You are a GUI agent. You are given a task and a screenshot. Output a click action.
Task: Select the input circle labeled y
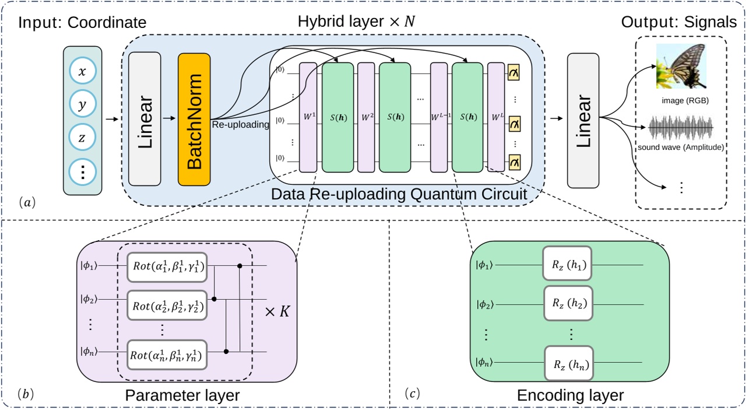click(x=82, y=105)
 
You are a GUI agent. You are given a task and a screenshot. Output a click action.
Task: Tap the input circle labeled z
click(x=82, y=139)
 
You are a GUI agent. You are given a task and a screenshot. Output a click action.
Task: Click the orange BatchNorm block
click(x=194, y=120)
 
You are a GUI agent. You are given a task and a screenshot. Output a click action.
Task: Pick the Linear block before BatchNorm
click(x=143, y=120)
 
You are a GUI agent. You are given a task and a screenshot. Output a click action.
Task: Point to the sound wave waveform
click(x=681, y=128)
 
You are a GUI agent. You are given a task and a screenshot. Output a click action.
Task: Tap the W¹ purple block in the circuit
click(x=308, y=117)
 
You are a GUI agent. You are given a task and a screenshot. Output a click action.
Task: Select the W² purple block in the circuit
click(x=366, y=117)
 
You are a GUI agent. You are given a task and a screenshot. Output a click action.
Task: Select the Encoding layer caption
click(x=570, y=395)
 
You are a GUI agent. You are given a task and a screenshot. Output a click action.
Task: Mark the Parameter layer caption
click(x=182, y=395)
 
